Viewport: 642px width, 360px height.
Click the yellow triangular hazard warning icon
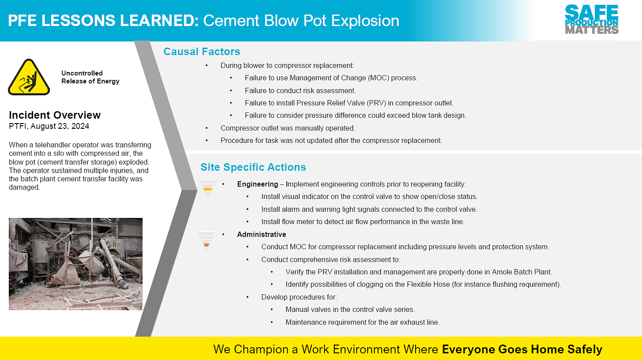29,77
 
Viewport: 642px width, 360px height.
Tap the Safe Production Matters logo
592,19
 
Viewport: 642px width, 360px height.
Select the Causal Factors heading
202,52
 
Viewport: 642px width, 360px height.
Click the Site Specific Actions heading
253,167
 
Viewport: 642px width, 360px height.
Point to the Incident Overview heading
55,115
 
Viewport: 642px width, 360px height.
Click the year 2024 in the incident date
80,126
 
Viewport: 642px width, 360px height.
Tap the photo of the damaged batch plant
75,264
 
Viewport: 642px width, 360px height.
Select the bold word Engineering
257,184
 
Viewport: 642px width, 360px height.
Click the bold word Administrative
261,234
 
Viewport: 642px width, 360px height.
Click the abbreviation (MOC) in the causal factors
379,78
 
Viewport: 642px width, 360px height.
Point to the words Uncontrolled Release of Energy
90,77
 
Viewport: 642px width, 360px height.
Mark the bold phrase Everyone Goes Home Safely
522,349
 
